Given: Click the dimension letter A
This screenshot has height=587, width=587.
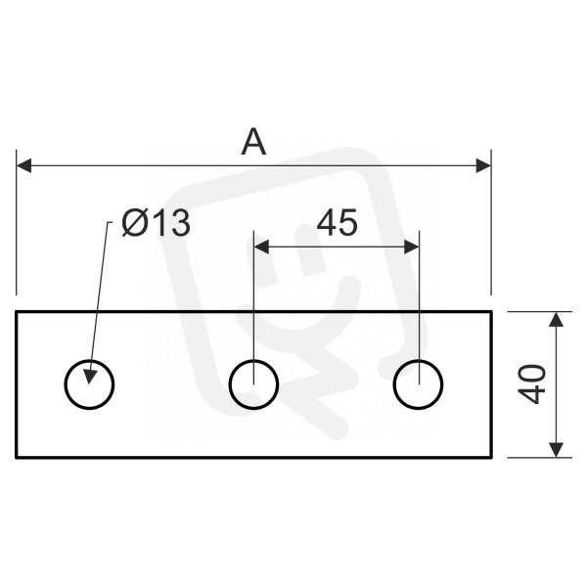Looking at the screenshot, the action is tap(253, 142).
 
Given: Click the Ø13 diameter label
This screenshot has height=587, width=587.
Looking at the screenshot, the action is tap(156, 223).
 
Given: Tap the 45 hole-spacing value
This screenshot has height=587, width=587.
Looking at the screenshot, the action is tap(337, 223).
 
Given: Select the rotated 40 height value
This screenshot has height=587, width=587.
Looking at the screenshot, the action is tap(531, 384).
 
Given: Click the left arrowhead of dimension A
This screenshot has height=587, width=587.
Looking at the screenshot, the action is tap(23, 165).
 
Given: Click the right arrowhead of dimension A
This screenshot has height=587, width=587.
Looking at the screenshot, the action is tap(483, 165).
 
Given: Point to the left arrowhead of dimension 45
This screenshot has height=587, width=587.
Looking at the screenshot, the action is tap(261, 248).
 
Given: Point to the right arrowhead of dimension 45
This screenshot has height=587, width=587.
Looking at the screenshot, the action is tap(412, 248).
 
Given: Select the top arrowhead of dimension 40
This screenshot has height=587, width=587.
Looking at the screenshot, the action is tap(557, 319).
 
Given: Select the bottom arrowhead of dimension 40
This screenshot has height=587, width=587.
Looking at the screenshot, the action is tap(557, 450).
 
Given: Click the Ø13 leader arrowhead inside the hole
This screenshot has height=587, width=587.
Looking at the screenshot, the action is tap(90, 377).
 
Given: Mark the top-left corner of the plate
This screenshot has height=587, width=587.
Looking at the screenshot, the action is tap(16, 311).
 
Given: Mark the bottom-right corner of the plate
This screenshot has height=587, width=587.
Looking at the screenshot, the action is tap(491, 458).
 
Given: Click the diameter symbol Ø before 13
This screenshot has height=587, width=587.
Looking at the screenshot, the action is tap(134, 224).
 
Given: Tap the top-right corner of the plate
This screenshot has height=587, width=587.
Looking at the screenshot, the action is tap(491, 311).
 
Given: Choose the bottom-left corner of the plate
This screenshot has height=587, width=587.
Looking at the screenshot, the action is tap(16, 458).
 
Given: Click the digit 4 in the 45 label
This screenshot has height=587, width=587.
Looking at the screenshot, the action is tap(327, 223).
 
